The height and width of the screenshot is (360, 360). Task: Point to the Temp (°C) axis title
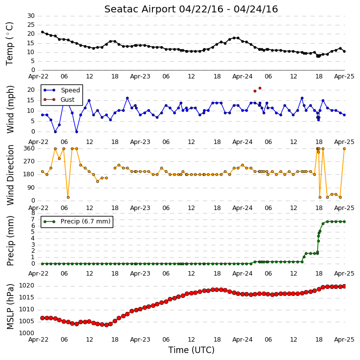(x=10, y=44)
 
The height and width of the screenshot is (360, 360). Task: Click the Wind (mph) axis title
(x=10, y=110)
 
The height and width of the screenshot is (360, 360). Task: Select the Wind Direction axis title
(x=10, y=175)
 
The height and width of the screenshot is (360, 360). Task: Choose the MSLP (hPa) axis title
(x=10, y=306)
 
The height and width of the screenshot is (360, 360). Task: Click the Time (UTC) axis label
(x=191, y=350)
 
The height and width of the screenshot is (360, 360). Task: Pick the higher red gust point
(x=260, y=88)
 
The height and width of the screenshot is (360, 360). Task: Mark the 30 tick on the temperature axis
(x=31, y=16)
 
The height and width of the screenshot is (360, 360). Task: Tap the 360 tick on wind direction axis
(x=29, y=148)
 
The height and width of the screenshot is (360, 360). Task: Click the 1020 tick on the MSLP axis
(x=26, y=286)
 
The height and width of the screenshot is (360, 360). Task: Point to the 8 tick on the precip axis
(x=33, y=213)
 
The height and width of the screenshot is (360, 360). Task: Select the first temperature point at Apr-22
(x=43, y=32)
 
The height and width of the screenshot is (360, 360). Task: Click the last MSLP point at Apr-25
(x=344, y=287)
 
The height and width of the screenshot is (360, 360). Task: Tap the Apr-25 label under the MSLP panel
(x=344, y=340)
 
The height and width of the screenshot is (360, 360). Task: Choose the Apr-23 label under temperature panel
(x=140, y=76)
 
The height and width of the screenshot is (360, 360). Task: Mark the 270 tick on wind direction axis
(x=29, y=161)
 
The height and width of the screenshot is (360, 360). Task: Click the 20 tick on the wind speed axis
(x=31, y=90)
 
